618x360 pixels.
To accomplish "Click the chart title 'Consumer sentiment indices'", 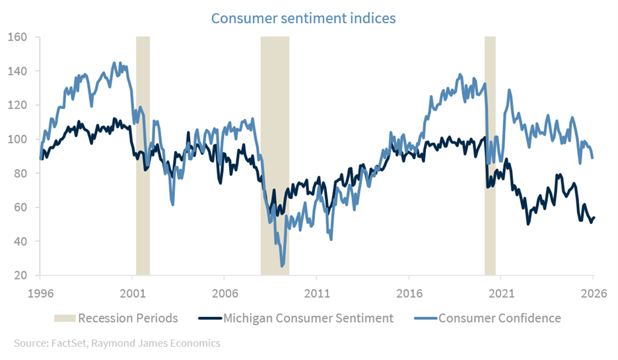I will [x=304, y=18].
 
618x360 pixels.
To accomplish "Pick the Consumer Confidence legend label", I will [x=499, y=318].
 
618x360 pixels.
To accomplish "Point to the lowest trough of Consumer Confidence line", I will [x=283, y=266].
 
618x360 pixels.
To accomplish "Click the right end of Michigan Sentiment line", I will [x=594, y=217].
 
